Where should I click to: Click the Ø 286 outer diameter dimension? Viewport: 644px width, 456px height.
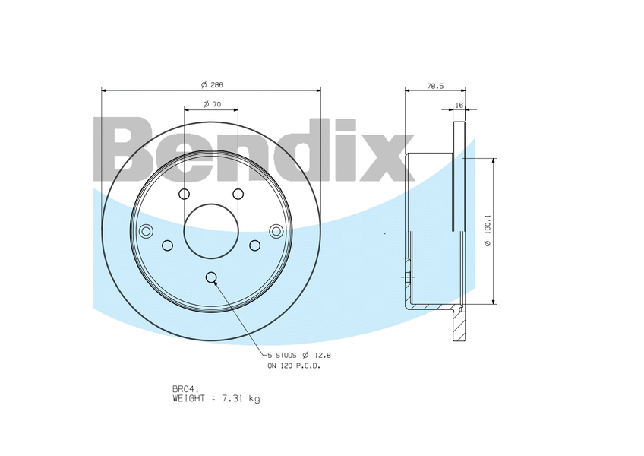click(x=212, y=85)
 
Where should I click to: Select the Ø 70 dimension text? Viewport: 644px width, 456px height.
click(x=212, y=104)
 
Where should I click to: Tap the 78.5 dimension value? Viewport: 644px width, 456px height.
click(x=435, y=87)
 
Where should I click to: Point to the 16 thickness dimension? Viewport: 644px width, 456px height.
click(x=459, y=106)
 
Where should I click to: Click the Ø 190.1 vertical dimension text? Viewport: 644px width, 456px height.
click(x=488, y=231)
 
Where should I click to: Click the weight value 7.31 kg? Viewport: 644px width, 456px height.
click(x=241, y=398)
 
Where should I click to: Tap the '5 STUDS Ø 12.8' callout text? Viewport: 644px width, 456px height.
click(x=299, y=355)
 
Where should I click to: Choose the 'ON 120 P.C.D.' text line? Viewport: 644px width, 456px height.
click(x=294, y=366)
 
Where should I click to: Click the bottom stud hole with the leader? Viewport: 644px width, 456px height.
click(x=211, y=277)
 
